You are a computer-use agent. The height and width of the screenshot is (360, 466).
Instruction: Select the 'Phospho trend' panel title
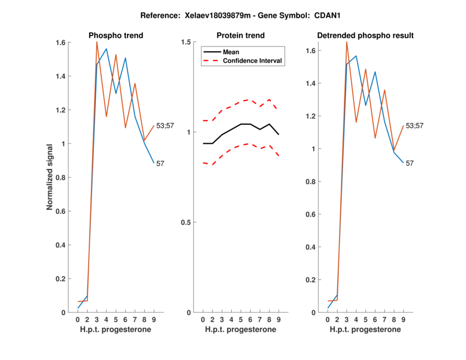click(x=115, y=36)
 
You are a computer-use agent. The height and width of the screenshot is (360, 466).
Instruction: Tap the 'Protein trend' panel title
click(x=241, y=36)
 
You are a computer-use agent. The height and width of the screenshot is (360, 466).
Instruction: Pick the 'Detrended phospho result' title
click(x=365, y=36)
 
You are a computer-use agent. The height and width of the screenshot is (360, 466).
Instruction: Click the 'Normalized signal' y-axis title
click(x=51, y=177)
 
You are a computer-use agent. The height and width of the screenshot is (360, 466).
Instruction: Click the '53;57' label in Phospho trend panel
click(x=165, y=126)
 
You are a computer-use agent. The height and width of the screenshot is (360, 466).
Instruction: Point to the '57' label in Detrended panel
click(x=409, y=163)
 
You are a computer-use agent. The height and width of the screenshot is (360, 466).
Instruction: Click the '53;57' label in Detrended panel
click(x=415, y=126)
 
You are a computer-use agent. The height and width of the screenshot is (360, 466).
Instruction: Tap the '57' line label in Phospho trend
click(x=160, y=164)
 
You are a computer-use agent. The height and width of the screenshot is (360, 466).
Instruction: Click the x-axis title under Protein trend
click(x=241, y=330)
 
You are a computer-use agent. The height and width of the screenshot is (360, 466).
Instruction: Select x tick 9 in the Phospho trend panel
click(x=154, y=319)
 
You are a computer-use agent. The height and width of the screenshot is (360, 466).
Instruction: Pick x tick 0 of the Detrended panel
click(x=328, y=319)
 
